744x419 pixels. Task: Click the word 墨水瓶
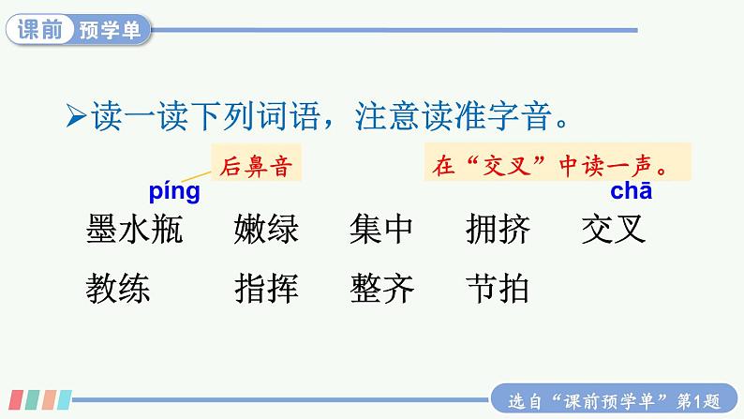(x=134, y=229)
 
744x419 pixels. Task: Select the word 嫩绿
(x=266, y=229)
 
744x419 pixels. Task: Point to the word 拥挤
(x=497, y=229)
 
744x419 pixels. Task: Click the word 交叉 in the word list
(x=614, y=229)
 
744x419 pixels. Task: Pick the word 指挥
(x=266, y=287)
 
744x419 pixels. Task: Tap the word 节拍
(x=497, y=287)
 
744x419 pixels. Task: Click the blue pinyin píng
(x=174, y=193)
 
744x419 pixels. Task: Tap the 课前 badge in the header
(x=39, y=30)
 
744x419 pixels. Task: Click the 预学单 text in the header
(x=109, y=30)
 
